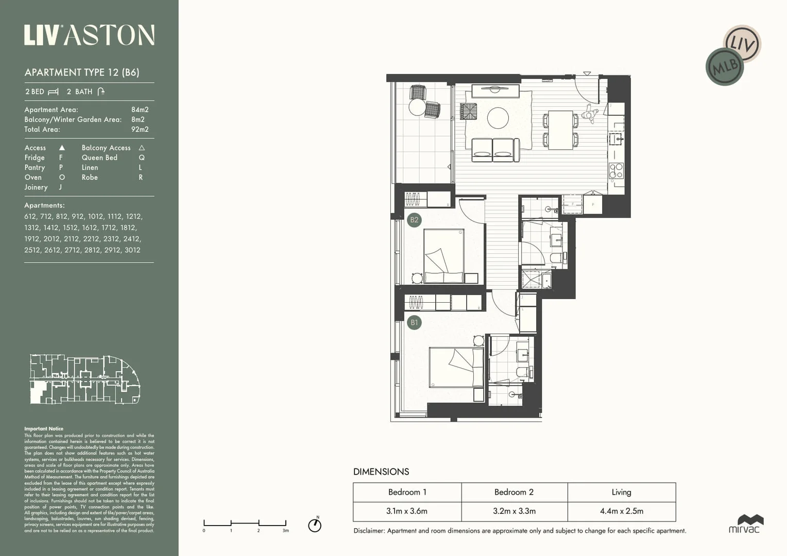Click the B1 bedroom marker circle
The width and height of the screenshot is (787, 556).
click(414, 323)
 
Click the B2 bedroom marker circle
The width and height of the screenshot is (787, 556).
click(414, 220)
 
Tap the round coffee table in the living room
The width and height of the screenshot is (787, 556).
click(498, 118)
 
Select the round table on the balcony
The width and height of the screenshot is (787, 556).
click(417, 107)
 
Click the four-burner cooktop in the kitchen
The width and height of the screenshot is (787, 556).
click(616, 170)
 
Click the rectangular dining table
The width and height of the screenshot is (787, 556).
click(560, 130)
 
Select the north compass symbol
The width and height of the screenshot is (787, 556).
click(315, 525)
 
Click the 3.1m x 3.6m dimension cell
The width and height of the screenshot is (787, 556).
click(407, 511)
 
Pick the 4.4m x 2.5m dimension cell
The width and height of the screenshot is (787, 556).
click(621, 511)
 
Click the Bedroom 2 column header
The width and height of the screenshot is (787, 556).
click(514, 492)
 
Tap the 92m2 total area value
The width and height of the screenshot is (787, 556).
click(140, 129)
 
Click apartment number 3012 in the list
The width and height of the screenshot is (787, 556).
click(132, 250)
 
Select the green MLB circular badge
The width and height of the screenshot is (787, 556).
click(725, 67)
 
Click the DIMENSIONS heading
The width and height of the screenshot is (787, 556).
click(381, 472)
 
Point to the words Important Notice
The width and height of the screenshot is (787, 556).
click(44, 428)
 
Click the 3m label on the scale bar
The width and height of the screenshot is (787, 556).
click(285, 530)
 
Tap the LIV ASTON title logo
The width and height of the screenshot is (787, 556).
click(89, 36)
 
